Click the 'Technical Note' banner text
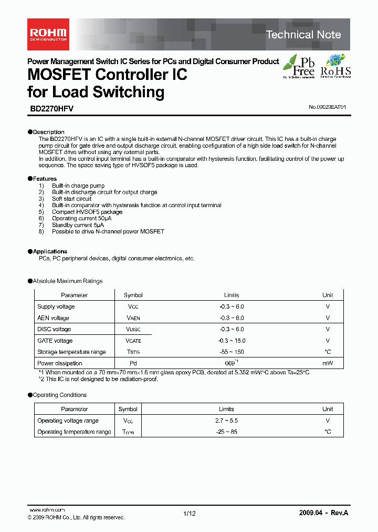click(303, 35)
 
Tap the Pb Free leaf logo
click(299, 66)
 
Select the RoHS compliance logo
click(335, 66)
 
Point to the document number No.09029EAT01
click(327, 107)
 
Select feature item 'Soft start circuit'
click(71, 199)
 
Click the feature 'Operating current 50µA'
click(81, 218)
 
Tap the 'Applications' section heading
click(50, 251)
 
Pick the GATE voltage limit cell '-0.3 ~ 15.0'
click(232, 341)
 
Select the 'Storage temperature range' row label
click(71, 352)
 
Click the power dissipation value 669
click(229, 363)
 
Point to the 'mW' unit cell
click(328, 363)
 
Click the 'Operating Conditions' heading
click(59, 395)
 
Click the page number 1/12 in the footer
click(190, 514)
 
